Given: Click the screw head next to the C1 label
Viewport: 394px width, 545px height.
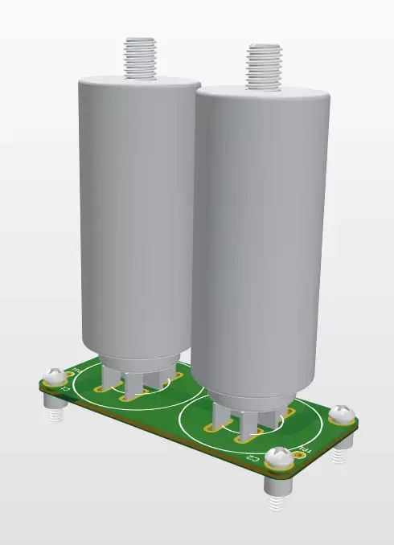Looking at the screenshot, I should coord(55,375).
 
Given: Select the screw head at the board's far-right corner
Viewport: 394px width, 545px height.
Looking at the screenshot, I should coord(342,415).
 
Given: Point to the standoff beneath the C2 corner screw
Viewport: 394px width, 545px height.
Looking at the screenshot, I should coord(277,499).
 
